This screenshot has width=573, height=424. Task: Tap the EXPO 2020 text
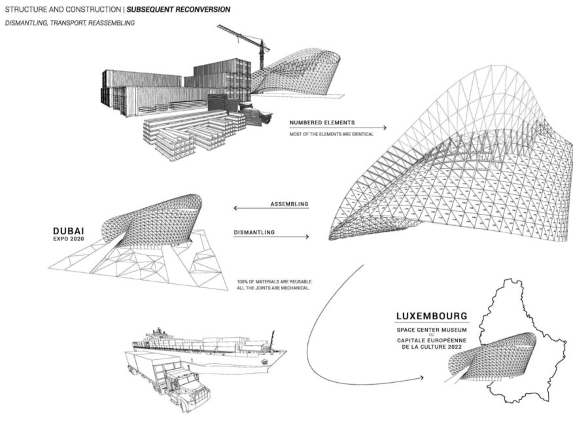(x=68, y=239)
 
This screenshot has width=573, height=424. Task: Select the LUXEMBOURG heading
(x=432, y=316)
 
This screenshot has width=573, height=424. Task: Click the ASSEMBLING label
(x=289, y=204)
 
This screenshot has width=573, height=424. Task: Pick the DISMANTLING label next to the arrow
(x=254, y=232)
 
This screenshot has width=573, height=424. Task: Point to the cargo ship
(x=209, y=347)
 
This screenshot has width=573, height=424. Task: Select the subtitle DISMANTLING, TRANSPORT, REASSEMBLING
(x=69, y=23)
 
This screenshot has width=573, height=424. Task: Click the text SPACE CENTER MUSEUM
(x=432, y=330)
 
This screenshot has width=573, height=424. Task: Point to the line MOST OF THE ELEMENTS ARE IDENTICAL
(x=331, y=135)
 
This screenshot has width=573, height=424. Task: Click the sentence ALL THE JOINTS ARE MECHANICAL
(x=273, y=288)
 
